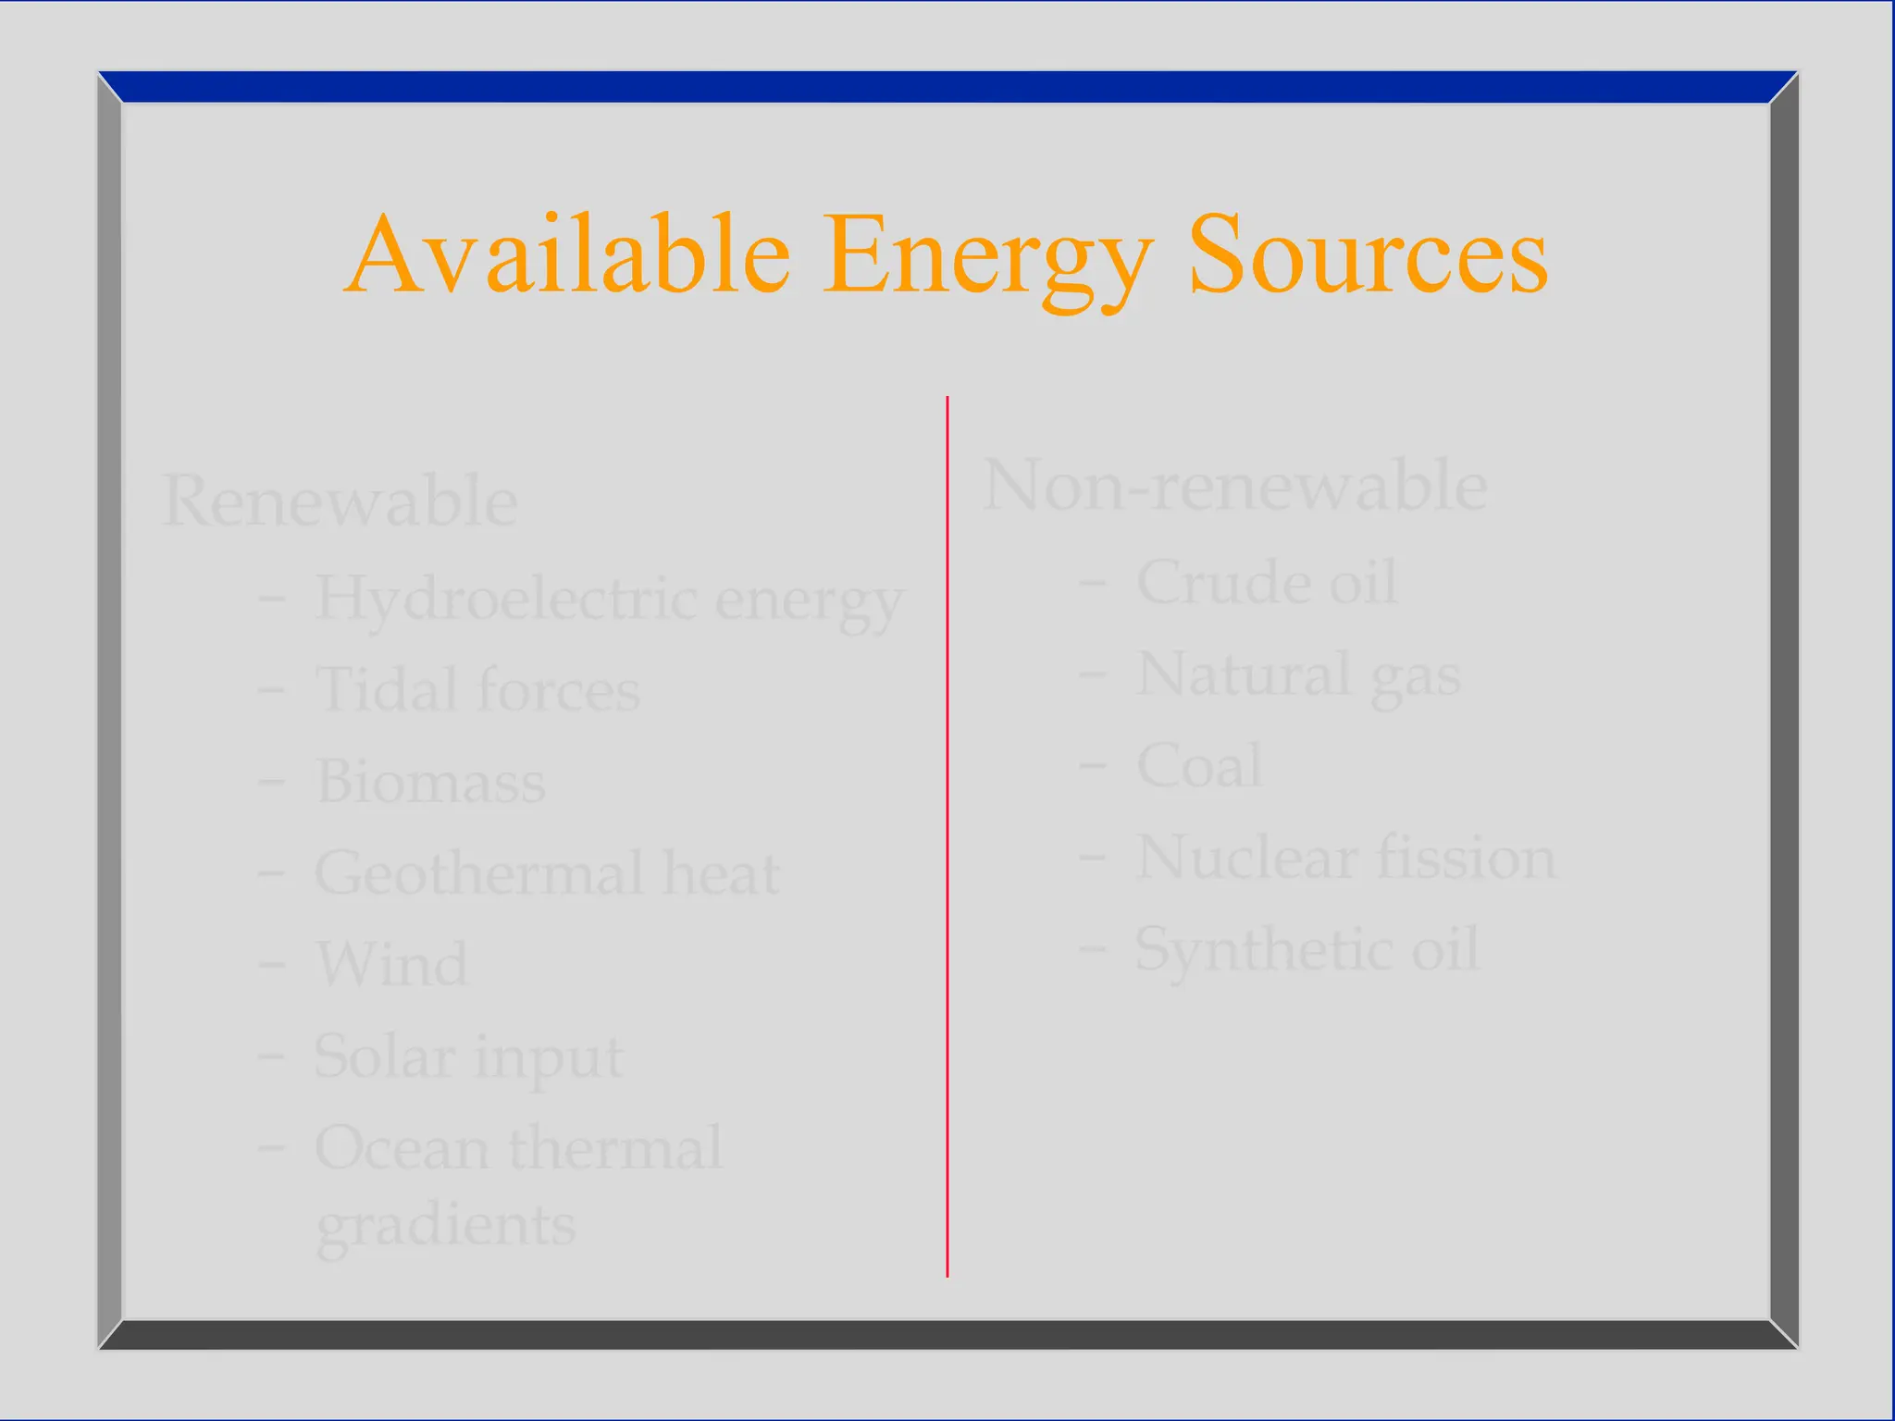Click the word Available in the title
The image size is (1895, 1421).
[568, 253]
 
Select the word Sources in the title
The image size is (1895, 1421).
[1368, 253]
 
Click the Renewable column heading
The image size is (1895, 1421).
[340, 500]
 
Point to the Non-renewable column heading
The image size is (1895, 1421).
[1235, 486]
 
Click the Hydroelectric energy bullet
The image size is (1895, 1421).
[609, 599]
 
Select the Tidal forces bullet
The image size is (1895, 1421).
[477, 690]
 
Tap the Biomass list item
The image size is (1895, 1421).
[430, 782]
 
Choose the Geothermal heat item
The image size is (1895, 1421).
[547, 873]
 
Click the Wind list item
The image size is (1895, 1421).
[391, 964]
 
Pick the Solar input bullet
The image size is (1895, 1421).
[469, 1056]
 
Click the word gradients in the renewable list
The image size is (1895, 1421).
[446, 1225]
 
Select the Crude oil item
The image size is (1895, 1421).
[1266, 583]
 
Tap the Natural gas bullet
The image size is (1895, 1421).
[1298, 675]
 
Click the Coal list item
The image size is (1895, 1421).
[1198, 766]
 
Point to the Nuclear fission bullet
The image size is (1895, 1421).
[1345, 858]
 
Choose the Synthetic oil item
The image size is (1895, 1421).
[1307, 949]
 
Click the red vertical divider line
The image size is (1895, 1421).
[947, 833]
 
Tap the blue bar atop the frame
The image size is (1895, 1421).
[947, 87]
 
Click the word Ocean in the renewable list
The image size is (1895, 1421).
[402, 1148]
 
